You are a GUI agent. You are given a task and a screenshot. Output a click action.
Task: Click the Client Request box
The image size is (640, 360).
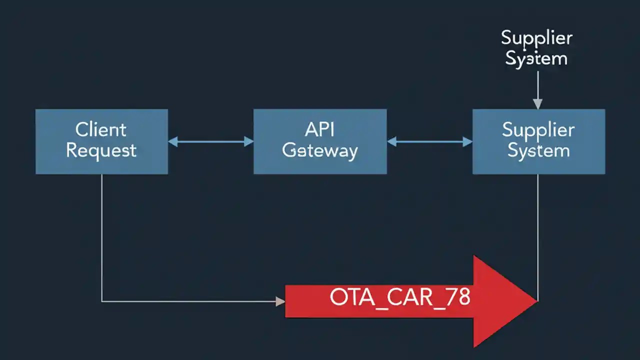tap(101, 141)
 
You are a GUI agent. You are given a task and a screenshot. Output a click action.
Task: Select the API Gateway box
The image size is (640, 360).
tap(320, 141)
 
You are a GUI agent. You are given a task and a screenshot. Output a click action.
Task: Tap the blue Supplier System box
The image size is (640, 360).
tap(538, 141)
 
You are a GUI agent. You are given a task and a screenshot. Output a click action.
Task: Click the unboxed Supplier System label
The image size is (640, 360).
tap(536, 48)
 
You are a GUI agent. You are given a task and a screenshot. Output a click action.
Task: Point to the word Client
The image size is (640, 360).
tap(101, 130)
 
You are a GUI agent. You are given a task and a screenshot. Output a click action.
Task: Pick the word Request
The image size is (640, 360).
tap(101, 150)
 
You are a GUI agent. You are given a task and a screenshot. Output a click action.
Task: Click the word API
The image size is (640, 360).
tap(319, 130)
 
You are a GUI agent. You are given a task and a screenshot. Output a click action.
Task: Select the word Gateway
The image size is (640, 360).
tap(320, 150)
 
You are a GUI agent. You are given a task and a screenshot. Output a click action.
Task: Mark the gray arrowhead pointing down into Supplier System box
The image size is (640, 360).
tap(537, 104)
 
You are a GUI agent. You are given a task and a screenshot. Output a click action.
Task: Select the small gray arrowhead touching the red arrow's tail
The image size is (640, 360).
tap(280, 301)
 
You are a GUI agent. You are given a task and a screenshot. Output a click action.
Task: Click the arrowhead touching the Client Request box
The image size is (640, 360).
tap(173, 142)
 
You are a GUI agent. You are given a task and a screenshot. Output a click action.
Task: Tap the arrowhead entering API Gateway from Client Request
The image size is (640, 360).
tap(248, 142)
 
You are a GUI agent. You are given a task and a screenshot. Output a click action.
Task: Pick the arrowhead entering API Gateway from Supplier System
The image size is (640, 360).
tap(391, 142)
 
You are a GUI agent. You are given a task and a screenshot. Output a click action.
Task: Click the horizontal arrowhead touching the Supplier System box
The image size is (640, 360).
tap(467, 142)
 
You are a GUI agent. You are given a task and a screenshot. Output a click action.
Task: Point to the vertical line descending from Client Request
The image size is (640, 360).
tap(102, 235)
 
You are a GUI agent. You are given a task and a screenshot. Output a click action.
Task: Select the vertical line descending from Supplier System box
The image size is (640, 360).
tap(537, 235)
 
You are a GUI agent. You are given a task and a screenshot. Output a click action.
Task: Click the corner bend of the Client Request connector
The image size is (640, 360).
tap(102, 301)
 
